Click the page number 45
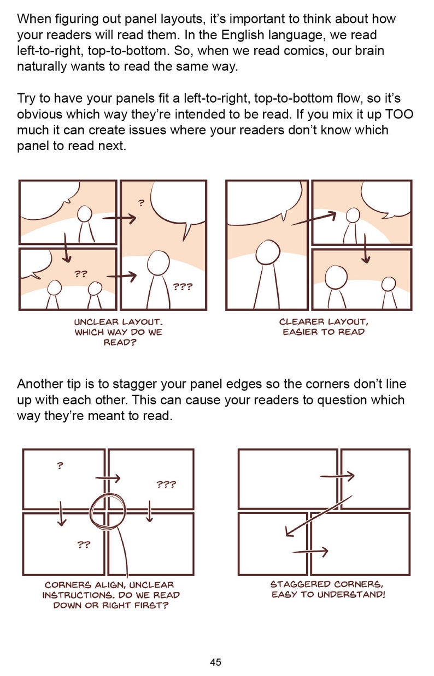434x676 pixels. (x=215, y=662)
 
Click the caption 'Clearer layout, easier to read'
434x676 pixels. (x=324, y=327)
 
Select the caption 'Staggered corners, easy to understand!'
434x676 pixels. (x=328, y=589)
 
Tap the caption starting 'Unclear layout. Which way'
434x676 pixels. (x=119, y=332)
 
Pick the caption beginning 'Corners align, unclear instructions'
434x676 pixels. (x=111, y=595)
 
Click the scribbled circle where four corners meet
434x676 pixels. (x=108, y=511)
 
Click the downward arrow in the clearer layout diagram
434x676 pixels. (x=365, y=249)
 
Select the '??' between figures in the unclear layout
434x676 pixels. (x=81, y=274)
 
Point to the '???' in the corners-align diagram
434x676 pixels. (x=166, y=484)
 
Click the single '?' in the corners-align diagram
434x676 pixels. (x=60, y=466)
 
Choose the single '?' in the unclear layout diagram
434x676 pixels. (x=141, y=204)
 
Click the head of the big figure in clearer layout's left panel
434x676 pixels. (x=268, y=252)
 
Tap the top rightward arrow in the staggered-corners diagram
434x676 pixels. (x=337, y=476)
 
